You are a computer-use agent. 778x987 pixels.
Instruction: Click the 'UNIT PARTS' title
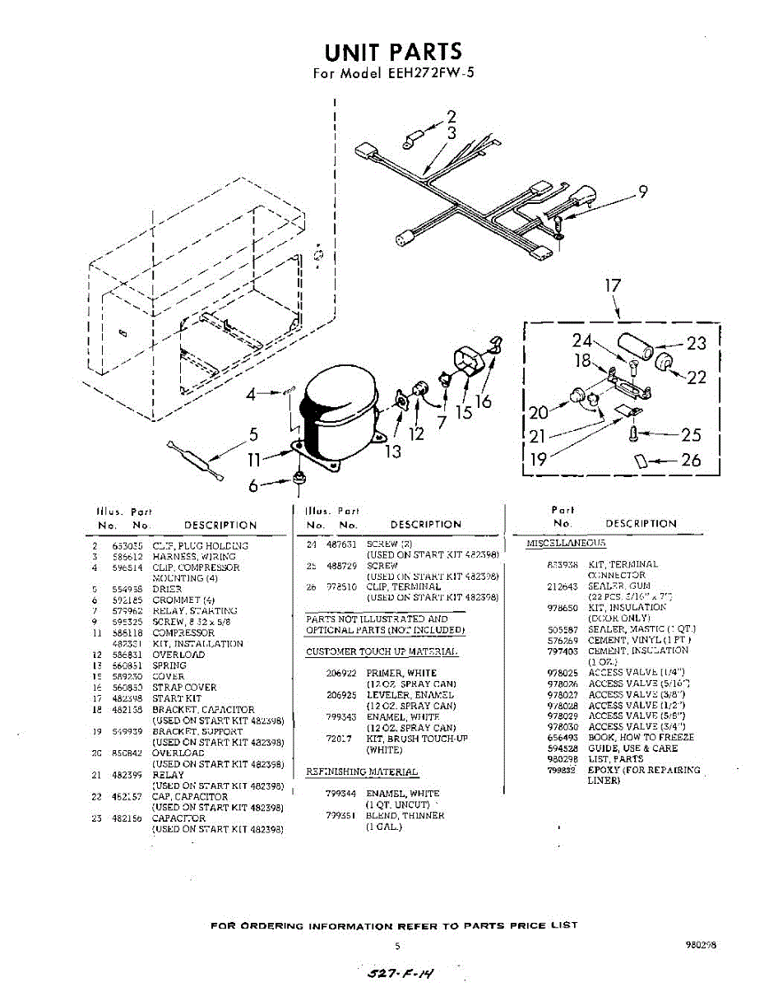click(393, 53)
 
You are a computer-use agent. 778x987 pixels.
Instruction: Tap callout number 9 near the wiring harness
click(643, 192)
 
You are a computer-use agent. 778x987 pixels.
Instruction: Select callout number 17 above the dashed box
click(613, 287)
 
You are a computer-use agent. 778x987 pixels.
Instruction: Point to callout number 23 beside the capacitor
click(696, 343)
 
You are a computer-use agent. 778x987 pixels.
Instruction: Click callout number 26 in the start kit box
click(691, 460)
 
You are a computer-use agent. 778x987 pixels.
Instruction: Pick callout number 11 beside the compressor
click(255, 461)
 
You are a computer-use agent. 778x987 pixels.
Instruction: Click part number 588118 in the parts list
click(125, 633)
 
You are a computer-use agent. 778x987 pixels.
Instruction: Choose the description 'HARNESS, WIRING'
click(183, 557)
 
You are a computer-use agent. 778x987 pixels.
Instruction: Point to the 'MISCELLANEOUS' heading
click(566, 544)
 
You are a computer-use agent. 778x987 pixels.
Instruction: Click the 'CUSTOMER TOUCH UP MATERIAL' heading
click(382, 652)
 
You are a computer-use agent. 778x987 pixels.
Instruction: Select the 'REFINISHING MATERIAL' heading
click(362, 772)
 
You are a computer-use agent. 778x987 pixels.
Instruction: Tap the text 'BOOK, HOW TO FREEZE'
click(641, 738)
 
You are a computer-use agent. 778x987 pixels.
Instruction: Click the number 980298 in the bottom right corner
click(700, 946)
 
